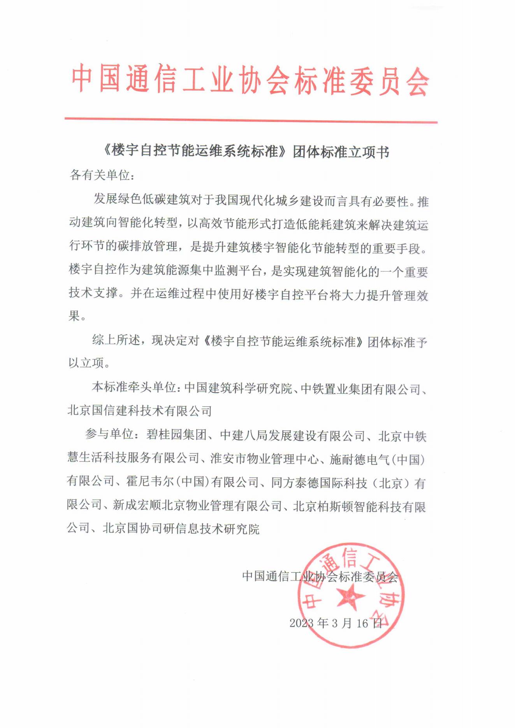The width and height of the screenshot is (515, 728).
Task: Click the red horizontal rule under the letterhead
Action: pyautogui.click(x=251, y=120)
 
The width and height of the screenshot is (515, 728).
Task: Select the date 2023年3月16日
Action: pyautogui.click(x=336, y=623)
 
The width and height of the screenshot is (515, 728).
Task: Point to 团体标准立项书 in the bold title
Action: pyautogui.click(x=341, y=152)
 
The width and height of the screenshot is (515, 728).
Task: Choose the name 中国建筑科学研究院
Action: pyautogui.click(x=238, y=388)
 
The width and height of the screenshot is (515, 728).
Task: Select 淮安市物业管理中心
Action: pyautogui.click(x=264, y=459)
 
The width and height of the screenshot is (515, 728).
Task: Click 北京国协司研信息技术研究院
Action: pyautogui.click(x=181, y=529)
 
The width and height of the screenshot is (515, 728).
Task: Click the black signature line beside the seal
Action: pyautogui.click(x=320, y=576)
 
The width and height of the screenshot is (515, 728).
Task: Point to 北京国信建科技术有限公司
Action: pyautogui.click(x=140, y=411)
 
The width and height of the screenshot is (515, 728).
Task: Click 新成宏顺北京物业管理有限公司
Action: pyautogui.click(x=197, y=506)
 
